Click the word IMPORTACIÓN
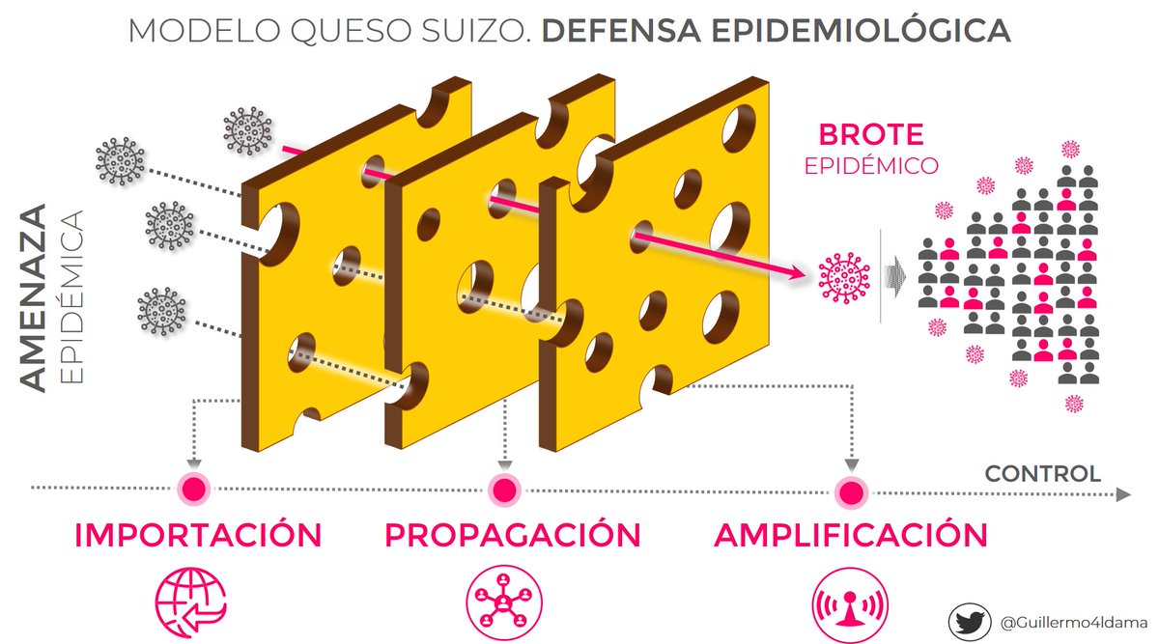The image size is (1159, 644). point(197,535)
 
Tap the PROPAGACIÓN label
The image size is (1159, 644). point(512,535)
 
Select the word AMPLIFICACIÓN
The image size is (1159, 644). point(851,535)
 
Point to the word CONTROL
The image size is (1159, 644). point(1042,474)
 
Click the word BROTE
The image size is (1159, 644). point(871,135)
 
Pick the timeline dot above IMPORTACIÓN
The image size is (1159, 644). point(193,489)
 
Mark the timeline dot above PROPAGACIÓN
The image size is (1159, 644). point(502,490)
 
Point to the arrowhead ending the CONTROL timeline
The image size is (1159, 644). point(1122,494)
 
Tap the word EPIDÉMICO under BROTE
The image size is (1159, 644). point(871,165)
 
